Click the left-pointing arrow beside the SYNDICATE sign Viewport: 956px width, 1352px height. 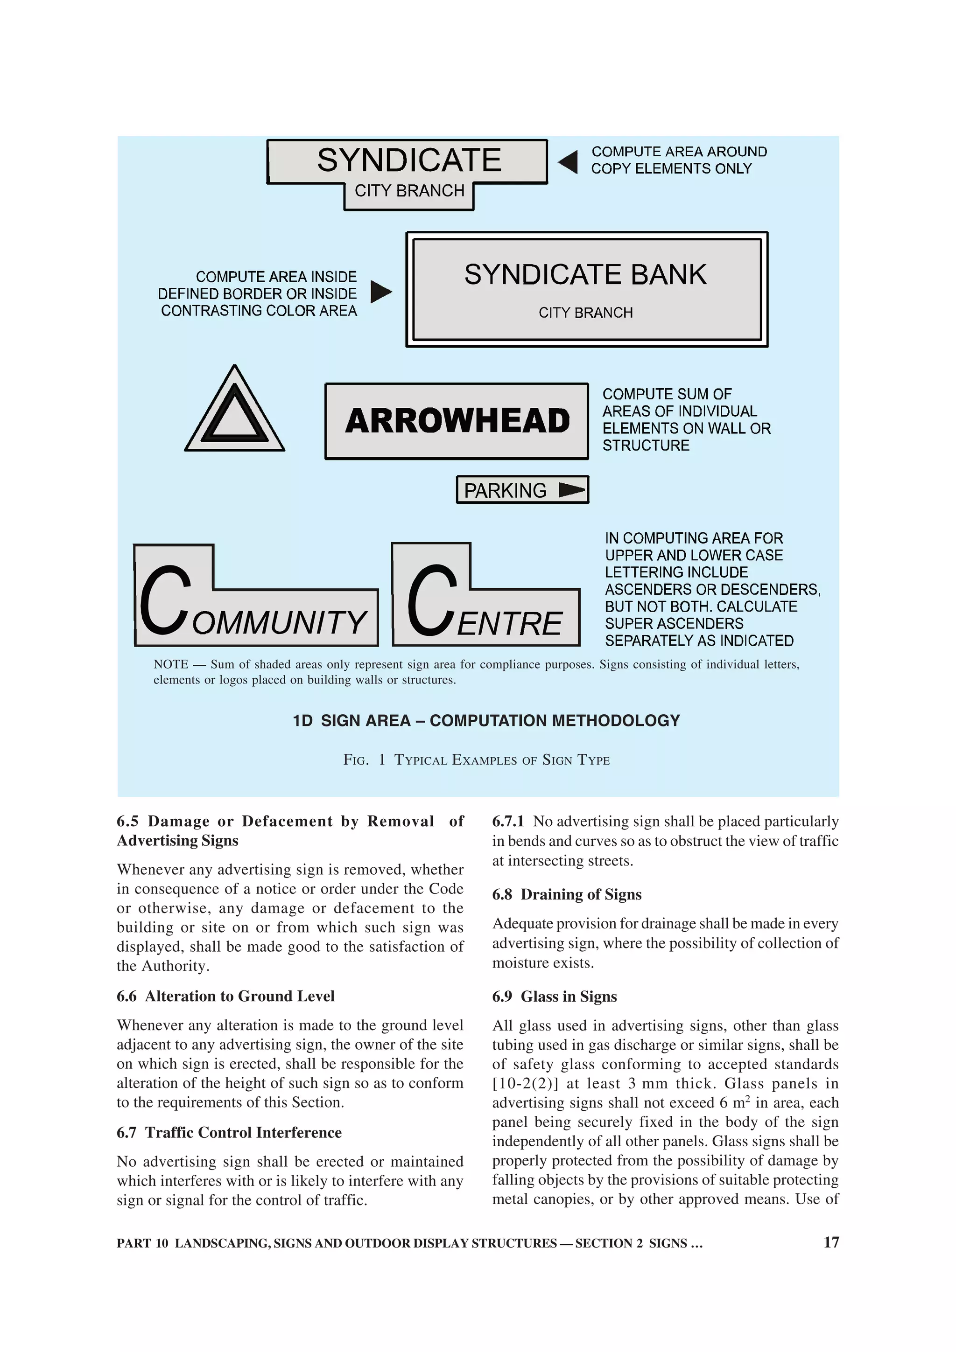coord(569,162)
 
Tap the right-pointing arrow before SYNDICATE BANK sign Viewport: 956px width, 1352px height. coord(380,292)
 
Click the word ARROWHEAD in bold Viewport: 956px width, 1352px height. coord(457,421)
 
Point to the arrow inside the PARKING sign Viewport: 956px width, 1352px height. coord(571,489)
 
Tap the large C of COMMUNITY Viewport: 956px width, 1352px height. coord(166,600)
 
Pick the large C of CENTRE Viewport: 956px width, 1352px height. coord(432,600)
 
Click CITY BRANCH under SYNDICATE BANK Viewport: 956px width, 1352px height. coord(585,313)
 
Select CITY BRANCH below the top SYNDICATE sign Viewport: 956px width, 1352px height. coord(409,191)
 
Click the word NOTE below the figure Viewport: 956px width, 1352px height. coord(170,664)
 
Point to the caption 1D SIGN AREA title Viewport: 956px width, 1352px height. coord(486,721)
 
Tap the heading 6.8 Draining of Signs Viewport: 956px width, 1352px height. coord(567,894)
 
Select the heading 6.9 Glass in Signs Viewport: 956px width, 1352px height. coord(554,997)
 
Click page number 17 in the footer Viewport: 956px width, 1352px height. coord(830,1242)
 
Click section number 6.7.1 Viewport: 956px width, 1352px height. coord(508,822)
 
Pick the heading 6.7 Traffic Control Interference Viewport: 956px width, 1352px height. coord(229,1132)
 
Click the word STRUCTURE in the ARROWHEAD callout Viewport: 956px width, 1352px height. coord(646,445)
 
